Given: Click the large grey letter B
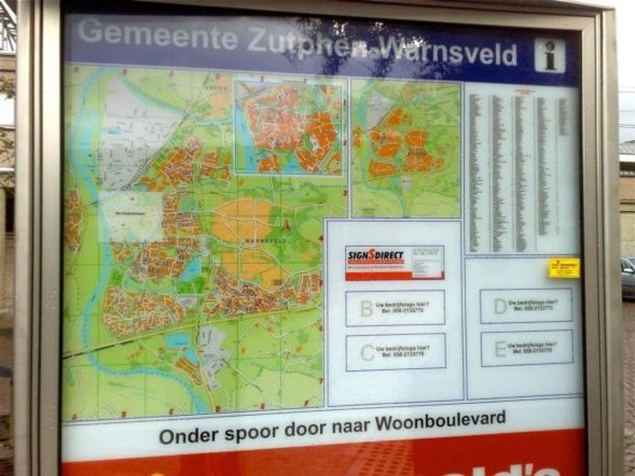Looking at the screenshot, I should click(366, 308).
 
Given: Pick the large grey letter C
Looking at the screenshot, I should click(367, 352).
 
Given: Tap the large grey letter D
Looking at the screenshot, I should click(500, 306).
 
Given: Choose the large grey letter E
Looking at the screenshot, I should click(500, 348).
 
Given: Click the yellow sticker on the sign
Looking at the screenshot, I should click(564, 268).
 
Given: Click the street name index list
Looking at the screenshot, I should click(521, 169).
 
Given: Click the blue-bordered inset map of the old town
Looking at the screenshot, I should click(290, 126).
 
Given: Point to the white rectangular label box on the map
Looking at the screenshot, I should click(130, 217).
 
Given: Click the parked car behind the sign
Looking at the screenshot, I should click(627, 277).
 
